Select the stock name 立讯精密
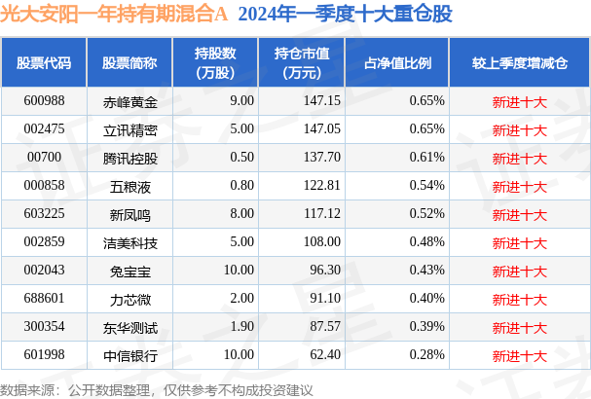[x=129, y=128]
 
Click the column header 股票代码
[x=45, y=62]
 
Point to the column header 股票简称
[x=129, y=62]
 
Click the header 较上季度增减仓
[x=519, y=62]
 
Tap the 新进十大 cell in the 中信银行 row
[x=519, y=355]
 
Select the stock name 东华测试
[x=129, y=327]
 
